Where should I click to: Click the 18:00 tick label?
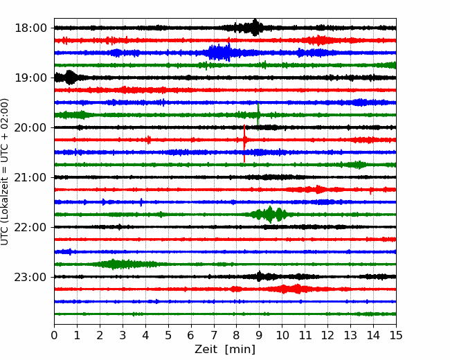pyautogui.click(x=30, y=28)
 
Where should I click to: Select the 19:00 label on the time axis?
pyautogui.click(x=30, y=78)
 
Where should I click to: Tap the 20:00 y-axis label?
pyautogui.click(x=30, y=127)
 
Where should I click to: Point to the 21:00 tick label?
pyautogui.click(x=30, y=177)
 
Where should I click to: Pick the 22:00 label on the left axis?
pyautogui.click(x=30, y=227)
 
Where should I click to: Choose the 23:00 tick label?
pyautogui.click(x=30, y=277)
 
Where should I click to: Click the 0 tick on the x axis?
pyautogui.click(x=54, y=335)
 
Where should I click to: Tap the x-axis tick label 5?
pyautogui.click(x=168, y=335)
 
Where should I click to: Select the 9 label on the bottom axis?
pyautogui.click(x=259, y=335)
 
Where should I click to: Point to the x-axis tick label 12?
pyautogui.click(x=327, y=335)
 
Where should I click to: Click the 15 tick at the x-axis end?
pyautogui.click(x=396, y=335)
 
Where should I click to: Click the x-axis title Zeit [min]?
pyautogui.click(x=225, y=350)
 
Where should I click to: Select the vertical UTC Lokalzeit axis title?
pyautogui.click(x=5, y=172)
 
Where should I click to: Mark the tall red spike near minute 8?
pyautogui.click(x=244, y=143)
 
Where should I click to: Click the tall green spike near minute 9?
pyautogui.click(x=258, y=116)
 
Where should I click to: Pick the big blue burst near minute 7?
pyautogui.click(x=219, y=53)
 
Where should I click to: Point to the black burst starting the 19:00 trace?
pyautogui.click(x=68, y=78)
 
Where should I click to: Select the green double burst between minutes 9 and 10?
pyautogui.click(x=269, y=215)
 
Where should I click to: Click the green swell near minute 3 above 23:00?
pyautogui.click(x=123, y=264)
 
